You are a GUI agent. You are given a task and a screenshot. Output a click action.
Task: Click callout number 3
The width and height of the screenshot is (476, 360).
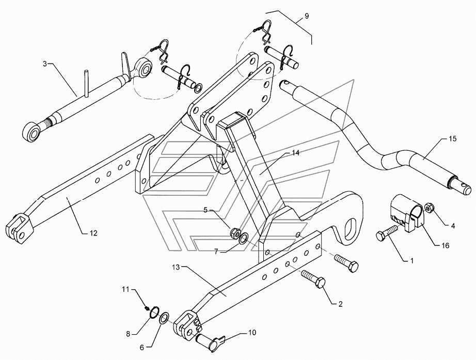[44, 64]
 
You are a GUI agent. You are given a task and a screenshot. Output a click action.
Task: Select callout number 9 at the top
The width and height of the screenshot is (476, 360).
[307, 16]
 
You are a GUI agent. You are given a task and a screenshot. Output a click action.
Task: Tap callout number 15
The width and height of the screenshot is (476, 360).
[453, 139]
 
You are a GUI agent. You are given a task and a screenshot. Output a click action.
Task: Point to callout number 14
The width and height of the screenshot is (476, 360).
[296, 153]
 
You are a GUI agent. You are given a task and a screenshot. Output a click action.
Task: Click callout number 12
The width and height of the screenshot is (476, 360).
[93, 233]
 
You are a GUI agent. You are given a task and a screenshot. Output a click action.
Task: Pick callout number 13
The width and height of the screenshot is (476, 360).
[177, 267]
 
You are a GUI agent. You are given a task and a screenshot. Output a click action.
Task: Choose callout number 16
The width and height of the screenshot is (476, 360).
[446, 245]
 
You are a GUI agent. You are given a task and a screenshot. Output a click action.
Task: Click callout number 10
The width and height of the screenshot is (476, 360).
[252, 332]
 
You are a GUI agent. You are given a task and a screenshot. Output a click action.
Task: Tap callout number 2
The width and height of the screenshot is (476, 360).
[340, 304]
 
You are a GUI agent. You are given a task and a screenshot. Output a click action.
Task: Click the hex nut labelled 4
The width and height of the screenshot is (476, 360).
[429, 208]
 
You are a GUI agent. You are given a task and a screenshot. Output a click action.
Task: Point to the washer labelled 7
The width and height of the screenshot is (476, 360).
[242, 239]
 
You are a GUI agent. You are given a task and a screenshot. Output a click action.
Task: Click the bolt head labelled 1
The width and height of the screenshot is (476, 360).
[382, 237]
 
